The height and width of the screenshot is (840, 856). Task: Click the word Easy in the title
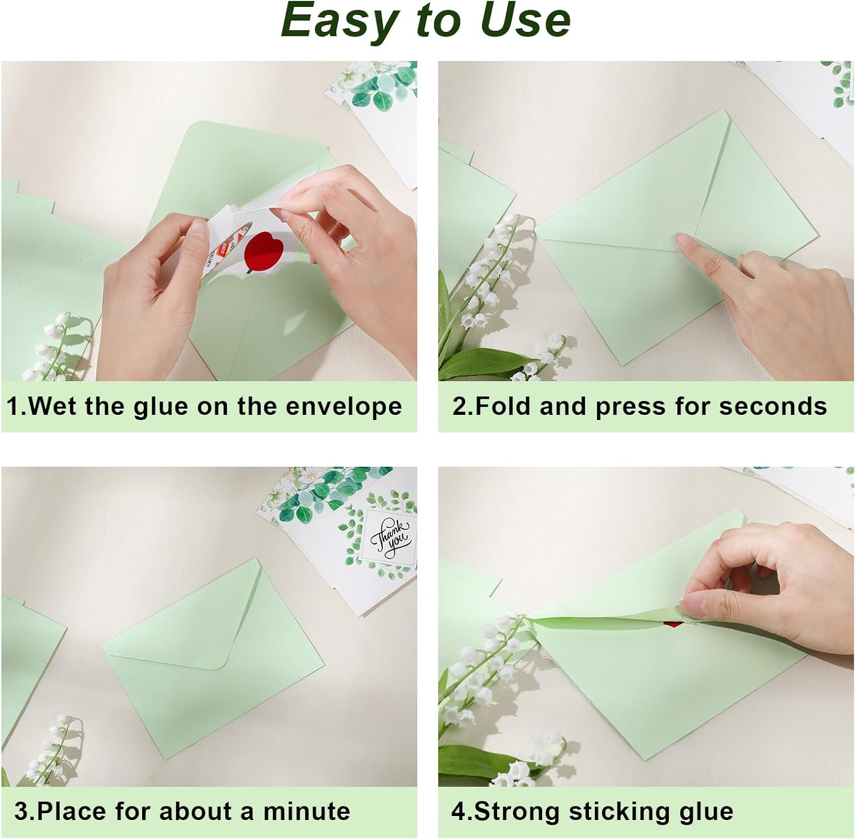338,22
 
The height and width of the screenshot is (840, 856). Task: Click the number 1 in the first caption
13,407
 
